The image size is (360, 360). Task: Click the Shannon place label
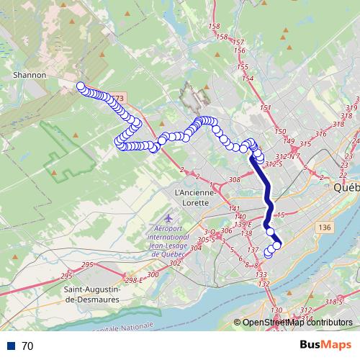click(30, 74)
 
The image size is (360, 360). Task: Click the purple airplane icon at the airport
click(168, 217)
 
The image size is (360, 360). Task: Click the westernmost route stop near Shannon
click(81, 87)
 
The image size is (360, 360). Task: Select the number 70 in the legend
click(28, 346)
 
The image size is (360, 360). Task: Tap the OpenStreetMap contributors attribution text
click(297, 323)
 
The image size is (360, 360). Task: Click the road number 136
click(327, 227)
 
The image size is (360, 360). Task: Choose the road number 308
click(234, 179)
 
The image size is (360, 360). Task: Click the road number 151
click(266, 108)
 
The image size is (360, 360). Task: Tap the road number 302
click(174, 263)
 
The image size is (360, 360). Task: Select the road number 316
click(320, 134)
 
